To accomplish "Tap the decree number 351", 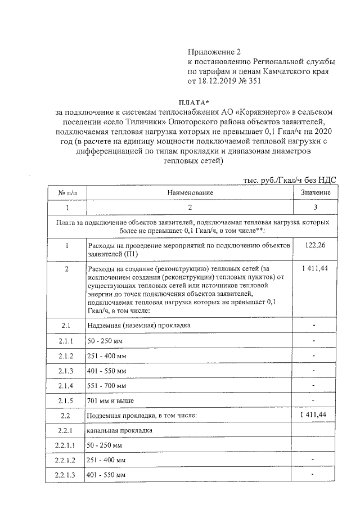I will pos(254,81).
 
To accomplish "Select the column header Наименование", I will pos(190,192).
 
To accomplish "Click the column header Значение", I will pos(316,192).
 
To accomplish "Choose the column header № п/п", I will pos(67,192).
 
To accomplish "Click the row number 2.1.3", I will pos(67,370).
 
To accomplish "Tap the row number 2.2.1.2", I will pos(67,461).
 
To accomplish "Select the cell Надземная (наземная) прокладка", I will pos(139,326).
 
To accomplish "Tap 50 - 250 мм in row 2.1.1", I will pos(105,341).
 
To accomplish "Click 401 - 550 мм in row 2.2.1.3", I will pos(106,476).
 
